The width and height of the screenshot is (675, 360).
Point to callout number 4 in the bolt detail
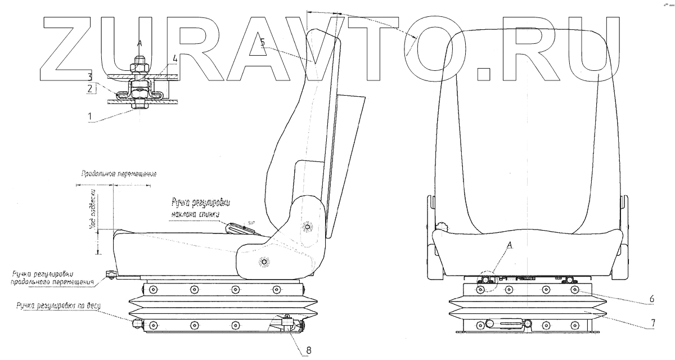click(175, 57)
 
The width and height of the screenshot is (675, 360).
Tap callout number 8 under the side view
click(308, 350)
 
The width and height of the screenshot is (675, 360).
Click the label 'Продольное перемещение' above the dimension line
click(118, 174)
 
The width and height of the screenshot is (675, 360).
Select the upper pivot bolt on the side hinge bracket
click(307, 227)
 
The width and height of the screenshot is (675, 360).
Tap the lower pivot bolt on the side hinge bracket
click(264, 262)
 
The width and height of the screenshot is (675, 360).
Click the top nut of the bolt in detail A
click(140, 68)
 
